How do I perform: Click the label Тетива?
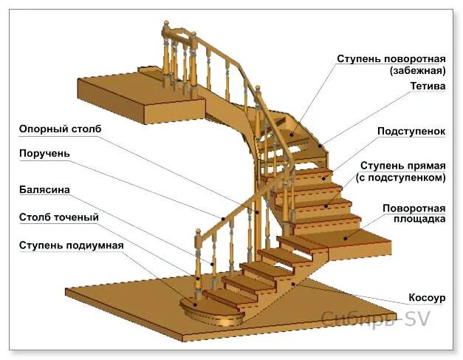pyautogui.click(x=428, y=86)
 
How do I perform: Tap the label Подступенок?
pyautogui.click(x=411, y=131)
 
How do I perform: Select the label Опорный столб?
pyautogui.click(x=61, y=129)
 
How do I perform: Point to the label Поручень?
pyautogui.click(x=45, y=153)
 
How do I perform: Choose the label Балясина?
pyautogui.click(x=45, y=190)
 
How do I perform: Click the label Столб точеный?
pyautogui.click(x=59, y=217)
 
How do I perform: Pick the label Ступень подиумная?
pyautogui.click(x=71, y=245)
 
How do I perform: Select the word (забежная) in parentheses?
pyautogui.click(x=417, y=71)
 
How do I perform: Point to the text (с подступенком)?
pyautogui.click(x=400, y=177)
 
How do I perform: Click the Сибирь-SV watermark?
pyautogui.click(x=374, y=319)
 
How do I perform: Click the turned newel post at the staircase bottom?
pyautogui.click(x=197, y=266)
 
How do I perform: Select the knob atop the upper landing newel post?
pyautogui.click(x=166, y=28)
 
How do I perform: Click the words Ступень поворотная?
pyautogui.click(x=391, y=58)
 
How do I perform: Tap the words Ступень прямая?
pyautogui.click(x=402, y=165)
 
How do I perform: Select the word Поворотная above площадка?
pyautogui.click(x=414, y=207)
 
